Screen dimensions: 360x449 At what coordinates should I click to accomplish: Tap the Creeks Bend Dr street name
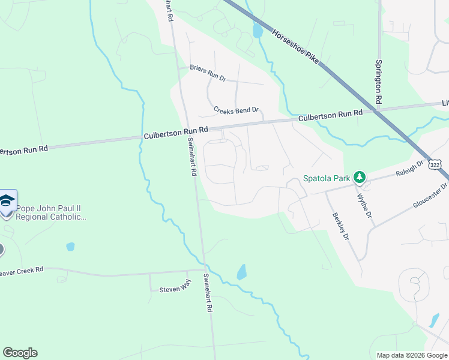tap(236, 110)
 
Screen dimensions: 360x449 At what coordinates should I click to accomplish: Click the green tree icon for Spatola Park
tap(360, 177)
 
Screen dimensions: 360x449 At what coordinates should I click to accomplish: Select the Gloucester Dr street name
tap(431, 196)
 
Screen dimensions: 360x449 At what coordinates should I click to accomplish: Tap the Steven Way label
tap(174, 290)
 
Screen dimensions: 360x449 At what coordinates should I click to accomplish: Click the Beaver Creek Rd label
tap(22, 271)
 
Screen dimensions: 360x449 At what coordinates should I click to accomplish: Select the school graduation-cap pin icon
tap(7, 202)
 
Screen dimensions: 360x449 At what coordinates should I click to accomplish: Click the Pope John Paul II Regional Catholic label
tap(51, 213)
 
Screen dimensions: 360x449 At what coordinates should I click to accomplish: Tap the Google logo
tap(20, 353)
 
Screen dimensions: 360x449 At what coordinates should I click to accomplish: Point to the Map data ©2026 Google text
tap(411, 355)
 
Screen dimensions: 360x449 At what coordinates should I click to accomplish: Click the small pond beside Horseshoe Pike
tap(258, 31)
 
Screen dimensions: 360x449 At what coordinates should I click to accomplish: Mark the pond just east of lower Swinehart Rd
tap(241, 272)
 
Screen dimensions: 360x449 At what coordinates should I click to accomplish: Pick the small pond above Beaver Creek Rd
tap(70, 246)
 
